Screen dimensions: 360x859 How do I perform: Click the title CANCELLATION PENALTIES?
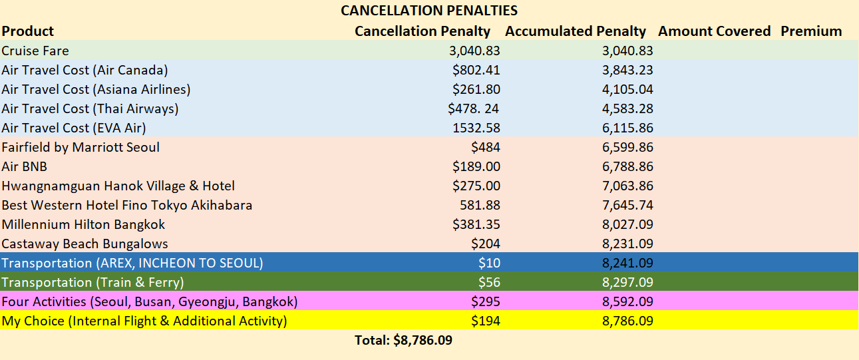click(x=429, y=11)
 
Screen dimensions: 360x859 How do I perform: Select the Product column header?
click(x=28, y=31)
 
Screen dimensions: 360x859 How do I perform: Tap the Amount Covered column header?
click(x=714, y=31)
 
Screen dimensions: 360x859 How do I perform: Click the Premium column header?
click(x=811, y=31)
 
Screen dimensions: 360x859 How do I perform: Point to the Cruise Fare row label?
click(x=35, y=51)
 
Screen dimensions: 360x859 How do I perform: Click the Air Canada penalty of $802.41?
click(x=476, y=70)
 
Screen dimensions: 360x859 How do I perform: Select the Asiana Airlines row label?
click(x=96, y=89)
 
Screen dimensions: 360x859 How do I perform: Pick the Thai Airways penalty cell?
click(x=474, y=108)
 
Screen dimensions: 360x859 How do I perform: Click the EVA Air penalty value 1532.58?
click(x=475, y=128)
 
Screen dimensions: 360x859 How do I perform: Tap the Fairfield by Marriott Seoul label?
click(x=81, y=147)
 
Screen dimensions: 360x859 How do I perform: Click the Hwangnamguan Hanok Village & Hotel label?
click(x=118, y=186)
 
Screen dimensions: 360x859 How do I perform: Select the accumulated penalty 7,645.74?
click(x=627, y=205)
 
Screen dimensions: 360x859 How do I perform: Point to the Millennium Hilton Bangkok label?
click(x=83, y=224)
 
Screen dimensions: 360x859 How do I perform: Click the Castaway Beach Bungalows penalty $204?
click(x=486, y=244)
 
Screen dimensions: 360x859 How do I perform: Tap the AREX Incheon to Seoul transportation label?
click(x=132, y=263)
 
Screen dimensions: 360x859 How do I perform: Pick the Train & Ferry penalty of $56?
click(x=489, y=282)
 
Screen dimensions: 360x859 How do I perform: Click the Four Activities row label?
click(x=150, y=301)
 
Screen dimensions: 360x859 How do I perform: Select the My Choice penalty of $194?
click(x=486, y=321)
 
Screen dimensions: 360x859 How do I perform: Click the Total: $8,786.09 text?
click(x=404, y=340)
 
